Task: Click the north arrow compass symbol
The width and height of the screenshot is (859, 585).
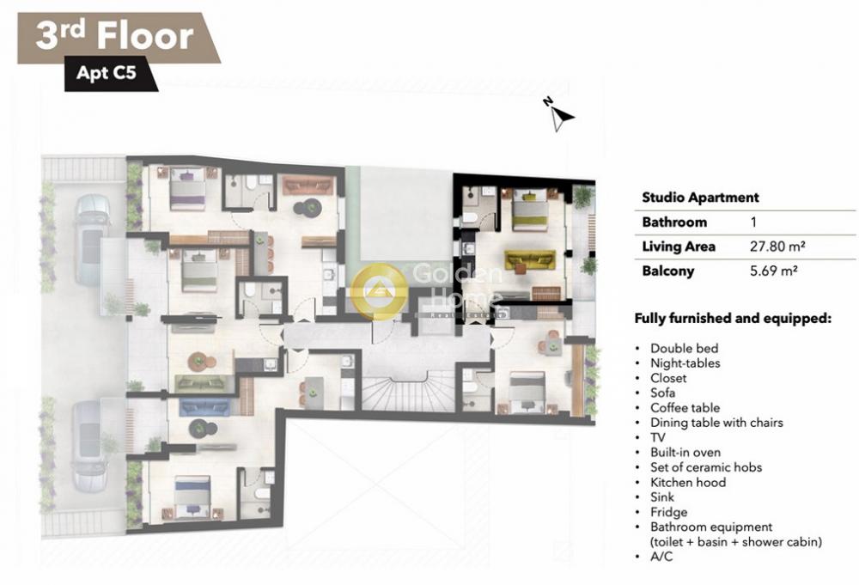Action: pos(559,115)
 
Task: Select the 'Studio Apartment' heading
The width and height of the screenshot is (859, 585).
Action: pos(700,198)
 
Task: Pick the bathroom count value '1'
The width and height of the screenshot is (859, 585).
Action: pos(753,222)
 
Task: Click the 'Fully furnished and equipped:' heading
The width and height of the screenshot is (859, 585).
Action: pos(733,318)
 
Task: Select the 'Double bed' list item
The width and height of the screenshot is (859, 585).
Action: pos(684,349)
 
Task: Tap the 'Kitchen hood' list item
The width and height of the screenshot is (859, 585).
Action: pos(687,483)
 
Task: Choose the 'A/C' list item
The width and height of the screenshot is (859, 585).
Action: pos(661,557)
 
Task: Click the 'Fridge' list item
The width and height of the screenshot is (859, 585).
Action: pos(668,512)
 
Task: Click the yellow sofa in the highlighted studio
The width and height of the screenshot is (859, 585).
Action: pos(530,259)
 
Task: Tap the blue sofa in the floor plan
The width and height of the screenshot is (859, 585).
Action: pos(204,407)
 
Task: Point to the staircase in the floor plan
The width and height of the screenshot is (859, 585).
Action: pos(408,391)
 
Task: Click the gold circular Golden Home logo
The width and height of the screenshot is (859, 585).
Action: pos(379,290)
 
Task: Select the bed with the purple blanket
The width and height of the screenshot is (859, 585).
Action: pos(187,188)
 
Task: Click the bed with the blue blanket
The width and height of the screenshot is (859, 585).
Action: pos(192,497)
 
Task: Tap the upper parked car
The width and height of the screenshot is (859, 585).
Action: pos(91,240)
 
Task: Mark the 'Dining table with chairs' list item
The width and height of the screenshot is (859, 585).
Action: pos(716,423)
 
